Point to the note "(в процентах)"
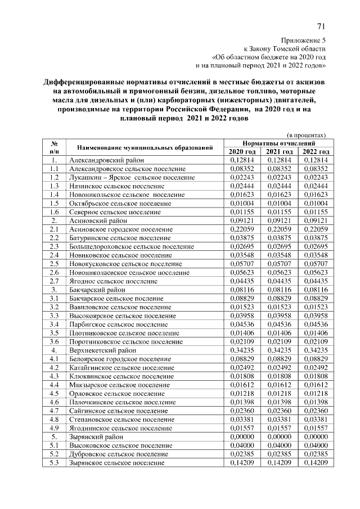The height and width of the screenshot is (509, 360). pyautogui.click(x=307, y=135)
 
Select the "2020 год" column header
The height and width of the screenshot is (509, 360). pyautogui.click(x=242, y=152)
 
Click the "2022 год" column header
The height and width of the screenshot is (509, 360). pyautogui.click(x=316, y=152)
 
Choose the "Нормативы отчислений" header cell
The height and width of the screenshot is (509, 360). pyautogui.click(x=279, y=143)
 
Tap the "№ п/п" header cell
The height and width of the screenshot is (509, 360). pyautogui.click(x=54, y=147)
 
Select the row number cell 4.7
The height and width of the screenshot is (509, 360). pyautogui.click(x=54, y=411)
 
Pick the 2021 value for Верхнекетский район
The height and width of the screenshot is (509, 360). pyautogui.click(x=280, y=350)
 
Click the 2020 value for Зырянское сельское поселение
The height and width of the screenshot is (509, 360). pyautogui.click(x=242, y=463)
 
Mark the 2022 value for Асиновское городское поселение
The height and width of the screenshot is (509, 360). pyautogui.click(x=316, y=229)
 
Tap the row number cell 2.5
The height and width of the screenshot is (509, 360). pyautogui.click(x=54, y=264)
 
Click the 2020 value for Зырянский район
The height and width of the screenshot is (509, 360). pyautogui.click(x=242, y=437)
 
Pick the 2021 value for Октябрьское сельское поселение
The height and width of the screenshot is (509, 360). pyautogui.click(x=280, y=204)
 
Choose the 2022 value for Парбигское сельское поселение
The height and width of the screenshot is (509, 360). pyautogui.click(x=316, y=325)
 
